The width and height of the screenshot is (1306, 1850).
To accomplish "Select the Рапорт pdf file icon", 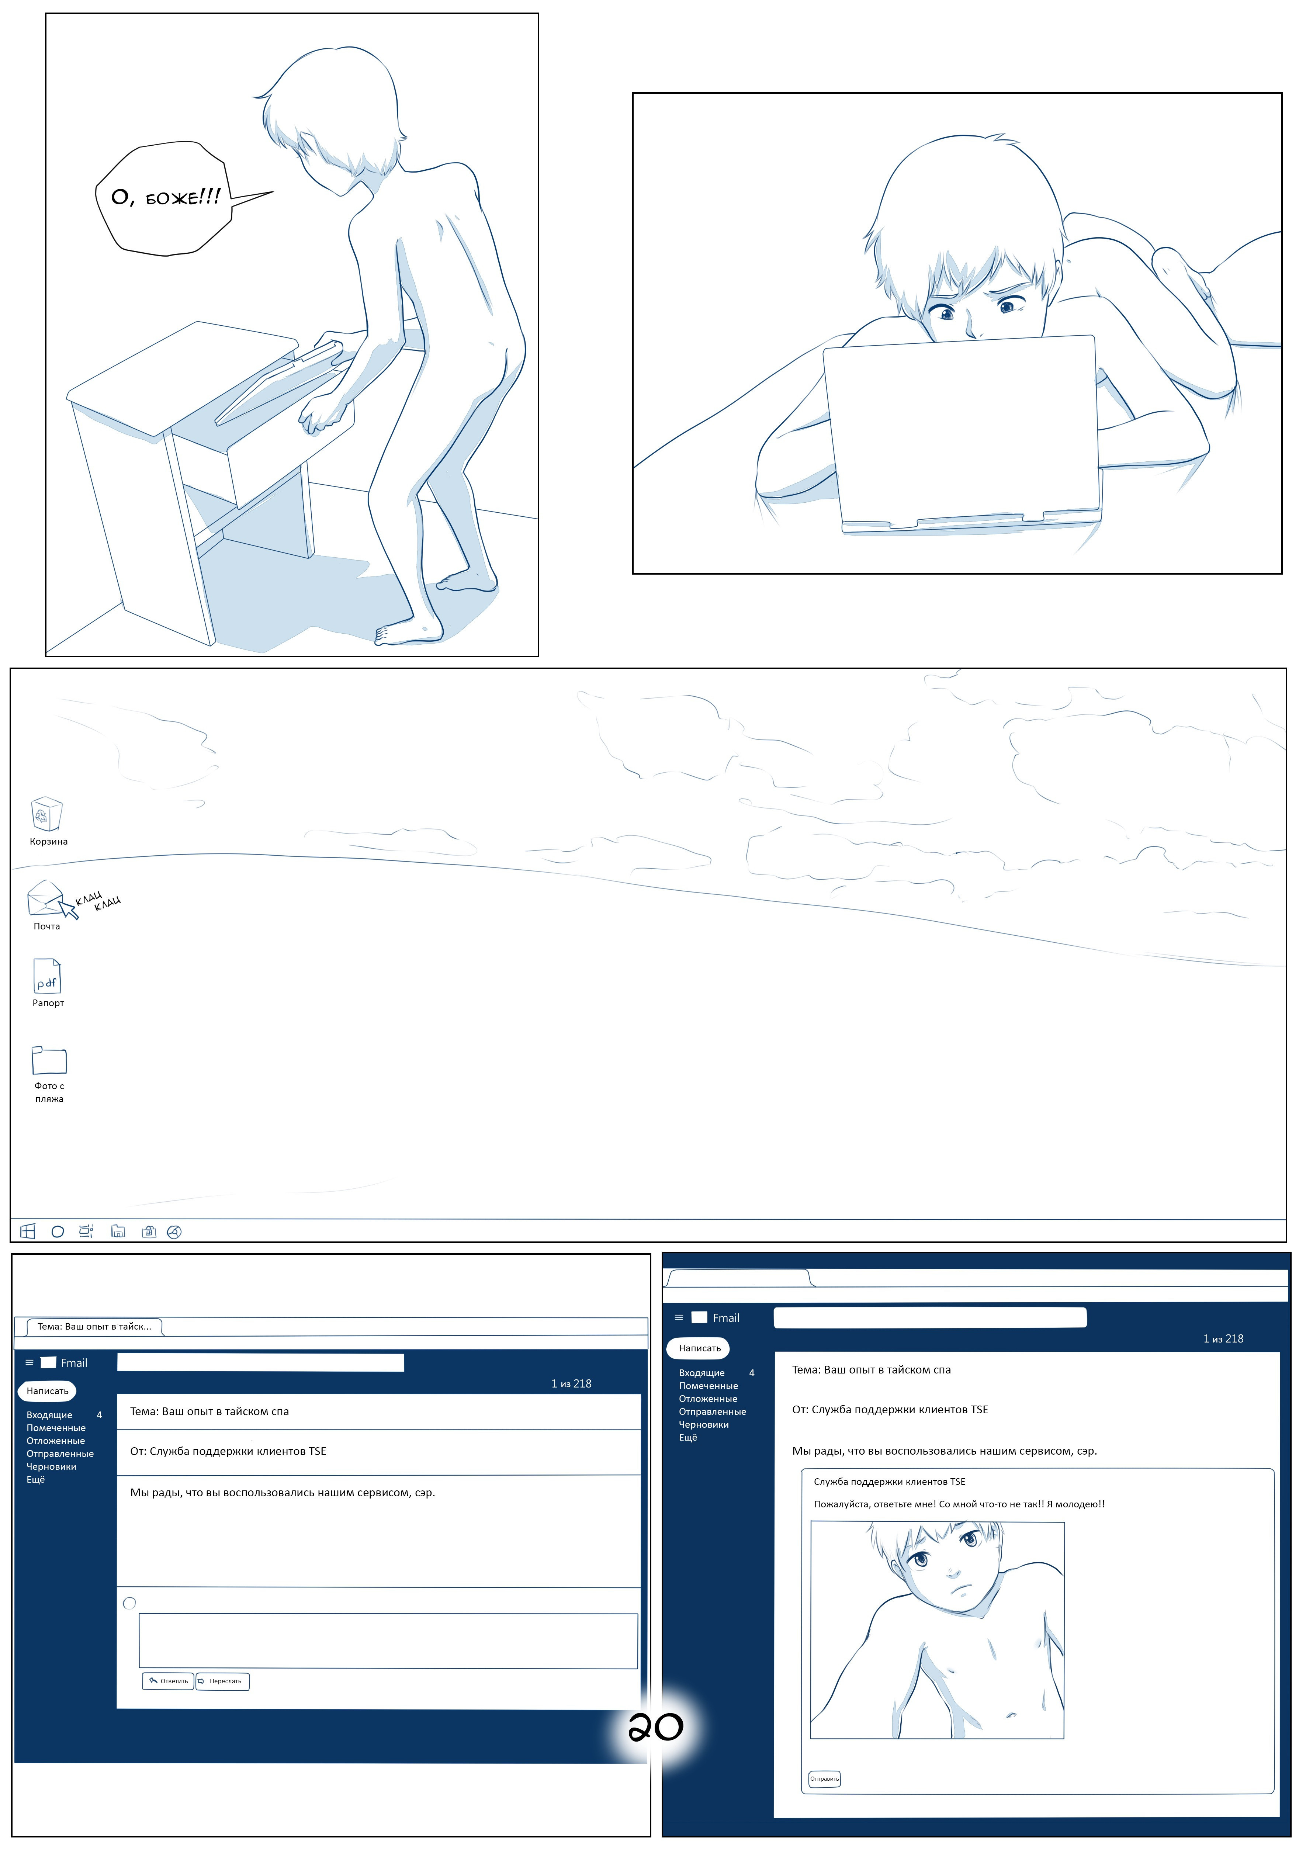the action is tap(47, 977).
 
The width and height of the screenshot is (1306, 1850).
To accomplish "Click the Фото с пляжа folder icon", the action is tap(49, 1060).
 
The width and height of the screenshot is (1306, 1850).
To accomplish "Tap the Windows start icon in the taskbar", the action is tap(27, 1231).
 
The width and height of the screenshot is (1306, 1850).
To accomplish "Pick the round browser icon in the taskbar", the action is tap(174, 1231).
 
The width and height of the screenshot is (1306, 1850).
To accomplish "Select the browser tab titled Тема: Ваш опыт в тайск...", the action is tap(94, 1326).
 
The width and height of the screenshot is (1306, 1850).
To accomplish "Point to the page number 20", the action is tap(656, 1727).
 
